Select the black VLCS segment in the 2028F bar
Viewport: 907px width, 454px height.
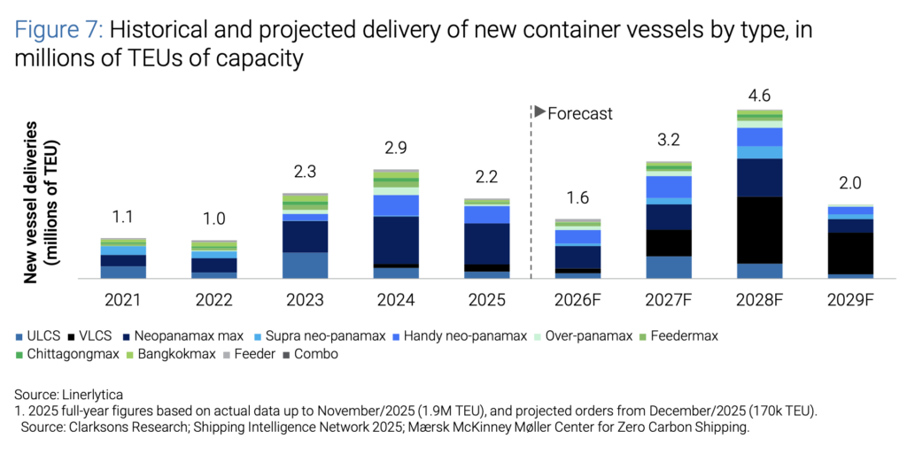tap(760, 229)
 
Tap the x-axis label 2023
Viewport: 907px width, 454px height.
tap(305, 300)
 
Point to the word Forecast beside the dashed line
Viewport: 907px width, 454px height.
tap(580, 113)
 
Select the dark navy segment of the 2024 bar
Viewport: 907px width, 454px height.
tap(396, 240)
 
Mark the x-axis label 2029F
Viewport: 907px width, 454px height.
tap(850, 300)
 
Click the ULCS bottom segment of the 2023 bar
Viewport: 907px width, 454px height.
tap(305, 265)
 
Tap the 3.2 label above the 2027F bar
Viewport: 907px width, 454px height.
tap(669, 141)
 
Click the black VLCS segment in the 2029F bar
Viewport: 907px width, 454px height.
tap(850, 253)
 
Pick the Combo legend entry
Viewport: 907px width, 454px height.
tap(313, 354)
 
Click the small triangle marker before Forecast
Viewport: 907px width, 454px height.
tap(539, 112)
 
